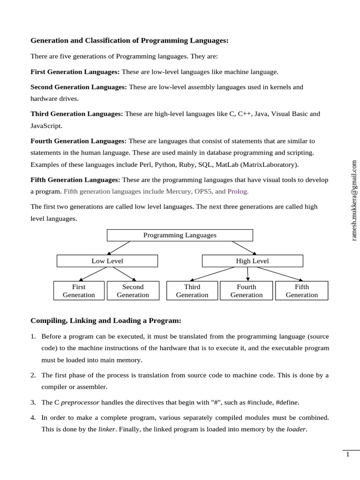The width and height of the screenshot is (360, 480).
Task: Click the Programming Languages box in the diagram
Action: [180, 235]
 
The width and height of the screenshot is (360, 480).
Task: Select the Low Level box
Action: [107, 261]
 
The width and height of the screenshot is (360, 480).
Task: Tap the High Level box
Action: [252, 261]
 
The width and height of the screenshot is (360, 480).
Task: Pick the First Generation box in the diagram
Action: [79, 291]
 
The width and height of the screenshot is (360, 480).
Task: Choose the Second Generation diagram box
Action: [133, 291]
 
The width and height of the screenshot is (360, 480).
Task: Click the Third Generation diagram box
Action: [192, 291]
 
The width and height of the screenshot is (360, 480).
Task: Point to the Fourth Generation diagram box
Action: [247, 291]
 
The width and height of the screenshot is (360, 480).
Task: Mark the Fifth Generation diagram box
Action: [301, 291]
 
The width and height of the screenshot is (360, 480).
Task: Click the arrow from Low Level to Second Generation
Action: [124, 274]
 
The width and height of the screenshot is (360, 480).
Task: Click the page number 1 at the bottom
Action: [348, 455]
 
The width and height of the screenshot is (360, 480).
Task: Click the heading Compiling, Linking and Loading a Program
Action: [105, 321]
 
